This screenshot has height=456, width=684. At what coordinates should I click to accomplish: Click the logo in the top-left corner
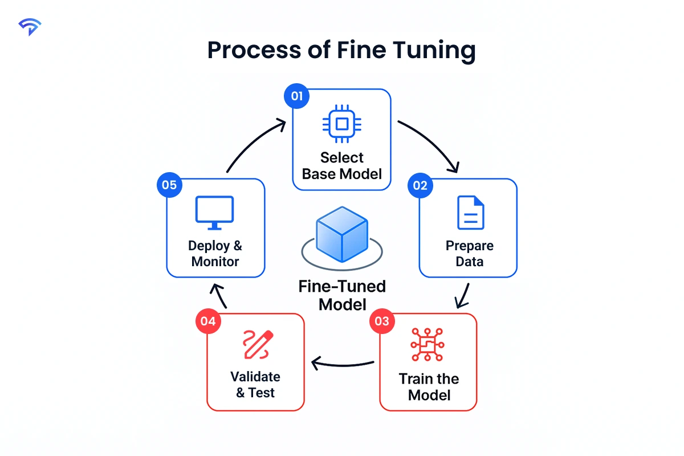pyautogui.click(x=30, y=27)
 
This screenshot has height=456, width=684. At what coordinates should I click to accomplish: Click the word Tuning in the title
pyautogui.click(x=433, y=51)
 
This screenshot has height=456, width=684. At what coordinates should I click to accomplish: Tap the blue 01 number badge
pyautogui.click(x=296, y=96)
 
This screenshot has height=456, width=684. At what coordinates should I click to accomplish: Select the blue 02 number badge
pyautogui.click(x=421, y=186)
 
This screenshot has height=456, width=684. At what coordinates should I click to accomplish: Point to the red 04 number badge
pyautogui.click(x=208, y=321)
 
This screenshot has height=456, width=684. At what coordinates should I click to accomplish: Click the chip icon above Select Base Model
pyautogui.click(x=342, y=124)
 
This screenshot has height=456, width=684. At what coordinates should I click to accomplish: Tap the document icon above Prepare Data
pyautogui.click(x=470, y=213)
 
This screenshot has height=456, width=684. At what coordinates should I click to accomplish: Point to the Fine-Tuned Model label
pyautogui.click(x=342, y=295)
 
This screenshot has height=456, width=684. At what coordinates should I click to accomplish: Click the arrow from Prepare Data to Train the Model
pyautogui.click(x=463, y=295)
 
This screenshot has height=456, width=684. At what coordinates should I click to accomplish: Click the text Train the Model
pyautogui.click(x=429, y=386)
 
